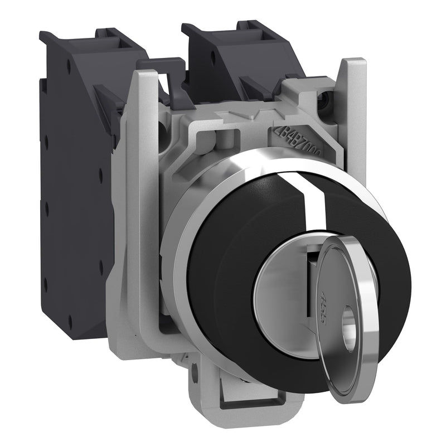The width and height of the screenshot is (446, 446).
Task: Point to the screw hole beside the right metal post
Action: pyautogui.click(x=336, y=101)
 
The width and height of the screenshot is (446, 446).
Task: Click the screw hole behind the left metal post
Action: pyautogui.click(x=162, y=129)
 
